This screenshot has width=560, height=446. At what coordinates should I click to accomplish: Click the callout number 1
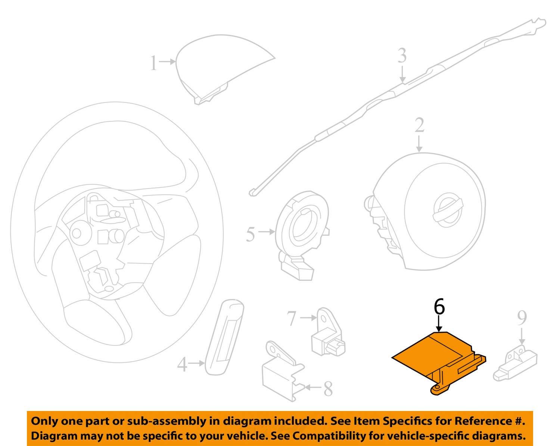pyautogui.click(x=153, y=63)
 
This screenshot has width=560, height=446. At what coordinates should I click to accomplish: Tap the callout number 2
pyautogui.click(x=419, y=126)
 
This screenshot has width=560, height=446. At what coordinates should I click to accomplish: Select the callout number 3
pyautogui.click(x=402, y=56)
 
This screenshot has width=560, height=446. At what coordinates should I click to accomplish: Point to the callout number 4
pyautogui.click(x=182, y=364)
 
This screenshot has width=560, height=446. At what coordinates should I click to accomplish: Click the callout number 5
pyautogui.click(x=250, y=234)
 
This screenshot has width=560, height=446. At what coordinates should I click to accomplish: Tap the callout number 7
pyautogui.click(x=291, y=318)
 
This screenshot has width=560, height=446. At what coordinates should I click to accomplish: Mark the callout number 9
pyautogui.click(x=522, y=318)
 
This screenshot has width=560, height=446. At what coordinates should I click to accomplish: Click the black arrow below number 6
pyautogui.click(x=439, y=324)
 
